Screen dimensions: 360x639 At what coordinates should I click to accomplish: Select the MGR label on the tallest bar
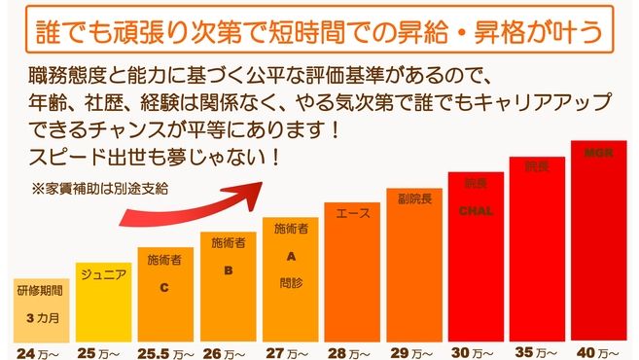(x=597, y=154)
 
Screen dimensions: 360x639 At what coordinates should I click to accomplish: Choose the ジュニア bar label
(x=102, y=274)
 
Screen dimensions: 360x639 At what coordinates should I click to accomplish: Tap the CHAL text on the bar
(x=474, y=209)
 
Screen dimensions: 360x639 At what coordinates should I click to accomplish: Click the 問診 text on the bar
(x=289, y=282)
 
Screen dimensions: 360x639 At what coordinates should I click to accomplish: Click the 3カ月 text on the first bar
(x=39, y=318)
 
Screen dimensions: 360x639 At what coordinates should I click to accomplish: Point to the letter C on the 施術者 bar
(x=163, y=288)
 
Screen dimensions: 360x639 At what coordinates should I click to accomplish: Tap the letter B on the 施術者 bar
(x=227, y=271)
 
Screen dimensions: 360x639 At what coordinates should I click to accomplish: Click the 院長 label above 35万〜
(x=536, y=167)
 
